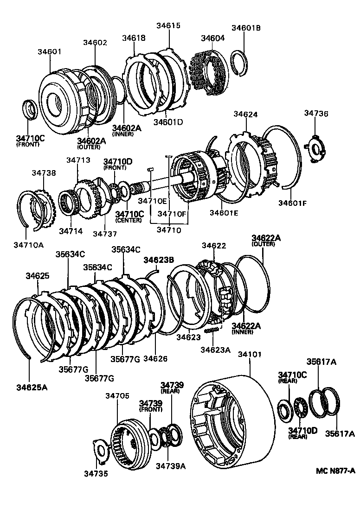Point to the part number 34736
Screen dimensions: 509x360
point(316,113)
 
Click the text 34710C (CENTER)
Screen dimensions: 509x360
point(130,216)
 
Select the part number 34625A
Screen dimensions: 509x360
point(32,387)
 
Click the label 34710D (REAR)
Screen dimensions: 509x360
point(302,433)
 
